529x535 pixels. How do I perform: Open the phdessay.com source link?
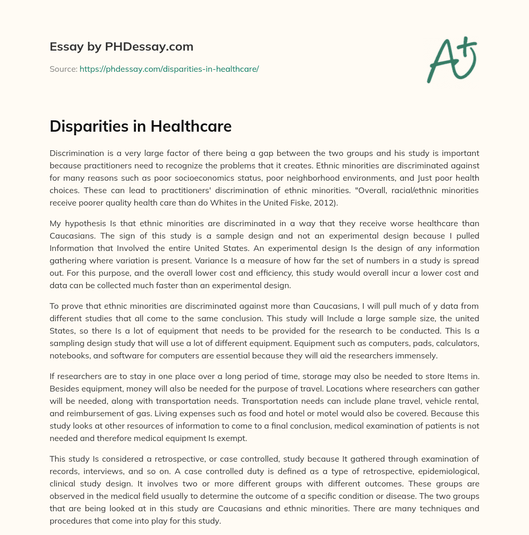[x=169, y=69]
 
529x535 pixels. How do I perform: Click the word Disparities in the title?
[x=87, y=127]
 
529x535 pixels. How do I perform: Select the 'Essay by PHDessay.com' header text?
[x=121, y=47]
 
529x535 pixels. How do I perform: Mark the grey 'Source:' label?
[x=63, y=69]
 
